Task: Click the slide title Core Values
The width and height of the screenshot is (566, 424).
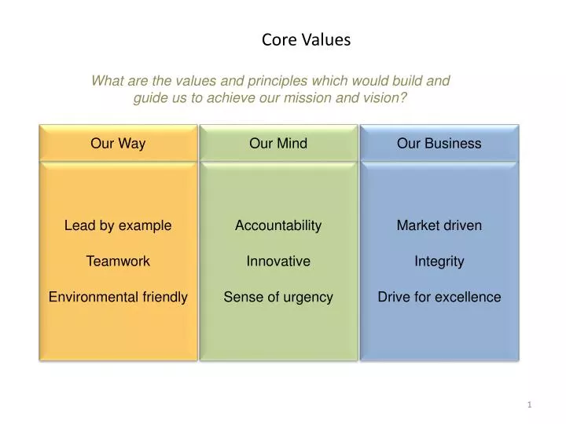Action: pos(306,39)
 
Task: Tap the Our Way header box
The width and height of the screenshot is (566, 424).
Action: pos(118,143)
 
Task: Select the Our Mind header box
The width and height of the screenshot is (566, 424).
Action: pos(278,143)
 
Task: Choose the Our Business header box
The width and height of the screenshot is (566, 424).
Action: pos(439,143)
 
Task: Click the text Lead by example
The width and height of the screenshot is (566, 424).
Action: pos(118,225)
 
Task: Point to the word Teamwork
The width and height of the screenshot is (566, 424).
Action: pos(118,261)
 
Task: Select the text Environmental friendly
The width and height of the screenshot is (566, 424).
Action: pos(118,297)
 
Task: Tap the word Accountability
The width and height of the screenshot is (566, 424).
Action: pos(278,225)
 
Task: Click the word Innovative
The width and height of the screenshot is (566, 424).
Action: pos(278,261)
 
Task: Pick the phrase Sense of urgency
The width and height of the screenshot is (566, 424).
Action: pos(278,297)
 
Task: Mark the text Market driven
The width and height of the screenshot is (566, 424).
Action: pos(439,225)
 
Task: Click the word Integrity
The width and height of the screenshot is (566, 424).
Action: pos(439,261)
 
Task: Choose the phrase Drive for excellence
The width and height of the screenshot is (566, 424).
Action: pos(439,297)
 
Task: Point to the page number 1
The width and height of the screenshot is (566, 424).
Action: pos(530,404)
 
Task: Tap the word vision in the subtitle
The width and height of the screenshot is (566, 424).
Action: pos(385,98)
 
